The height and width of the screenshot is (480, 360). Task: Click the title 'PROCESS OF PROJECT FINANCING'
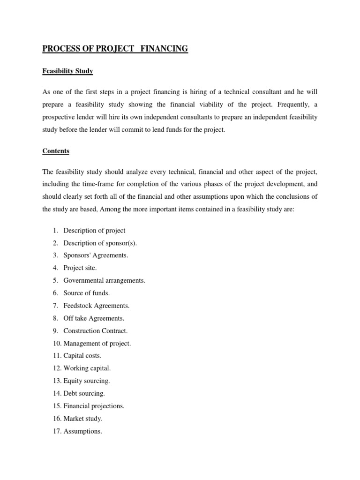pos(115,49)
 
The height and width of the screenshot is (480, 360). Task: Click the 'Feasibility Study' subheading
pos(67,71)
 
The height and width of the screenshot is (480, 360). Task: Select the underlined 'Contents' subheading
pos(56,151)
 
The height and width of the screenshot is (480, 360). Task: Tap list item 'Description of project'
pos(94,231)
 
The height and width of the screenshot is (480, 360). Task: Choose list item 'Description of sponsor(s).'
pos(100,243)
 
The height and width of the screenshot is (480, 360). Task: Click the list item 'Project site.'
pos(80,268)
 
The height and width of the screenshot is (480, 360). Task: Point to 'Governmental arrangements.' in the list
pos(104,280)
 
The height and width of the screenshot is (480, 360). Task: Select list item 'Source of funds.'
pos(87,293)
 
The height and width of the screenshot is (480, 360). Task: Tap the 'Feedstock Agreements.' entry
pos(96,306)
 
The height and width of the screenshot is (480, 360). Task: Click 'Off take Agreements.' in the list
pos(94,318)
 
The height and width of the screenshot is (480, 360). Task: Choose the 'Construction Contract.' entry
pos(95,331)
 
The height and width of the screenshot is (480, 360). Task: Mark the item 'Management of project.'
pos(97,344)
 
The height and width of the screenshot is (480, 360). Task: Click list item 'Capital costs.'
pos(82,356)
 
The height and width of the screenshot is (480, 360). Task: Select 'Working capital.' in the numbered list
pos(87,368)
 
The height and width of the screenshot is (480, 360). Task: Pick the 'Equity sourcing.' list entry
pos(86,381)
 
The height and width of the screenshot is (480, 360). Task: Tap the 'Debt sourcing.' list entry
pos(84,394)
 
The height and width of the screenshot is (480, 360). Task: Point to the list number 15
pos(56,406)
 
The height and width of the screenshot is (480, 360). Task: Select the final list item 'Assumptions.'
pos(82,431)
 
